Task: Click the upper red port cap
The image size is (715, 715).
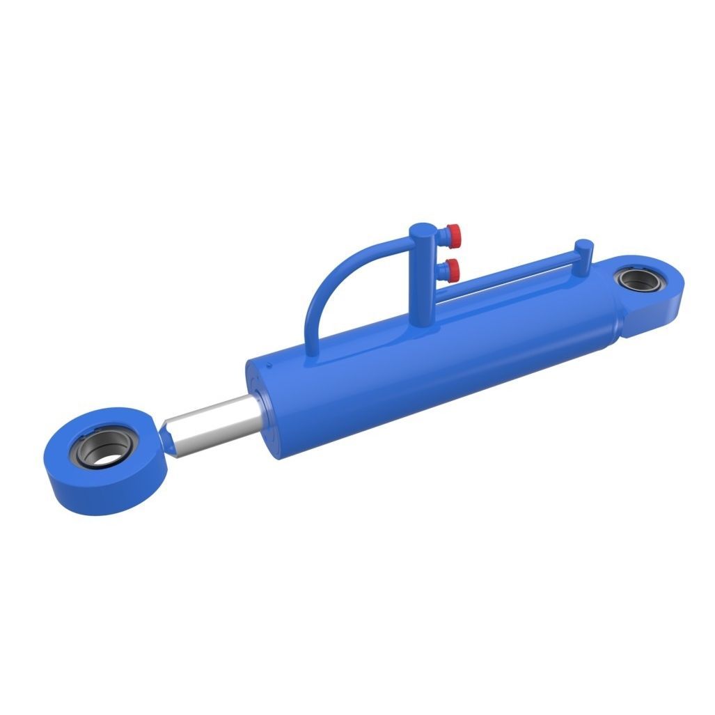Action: [x=453, y=231]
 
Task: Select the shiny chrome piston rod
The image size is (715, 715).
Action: [x=212, y=425]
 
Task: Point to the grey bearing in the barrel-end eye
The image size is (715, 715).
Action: [x=639, y=281]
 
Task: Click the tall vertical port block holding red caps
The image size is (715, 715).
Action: [x=421, y=278]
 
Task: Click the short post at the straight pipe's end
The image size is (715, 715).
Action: [x=583, y=254]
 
